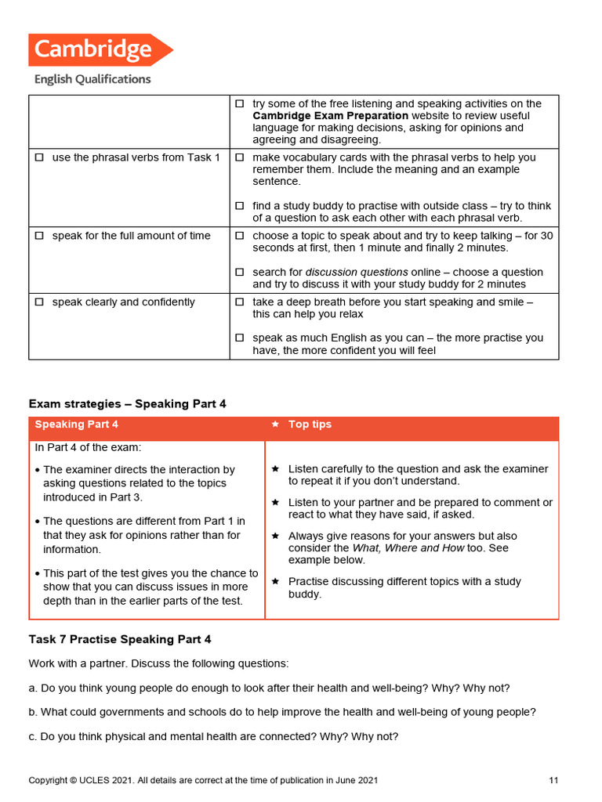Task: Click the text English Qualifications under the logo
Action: click(92, 79)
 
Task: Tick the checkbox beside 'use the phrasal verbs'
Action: click(39, 157)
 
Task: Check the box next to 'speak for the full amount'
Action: click(39, 236)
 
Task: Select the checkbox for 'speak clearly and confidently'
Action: click(39, 302)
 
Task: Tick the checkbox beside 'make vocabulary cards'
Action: click(240, 157)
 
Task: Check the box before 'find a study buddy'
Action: click(240, 206)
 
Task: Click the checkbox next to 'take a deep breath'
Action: click(240, 302)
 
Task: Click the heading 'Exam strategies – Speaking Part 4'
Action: click(127, 404)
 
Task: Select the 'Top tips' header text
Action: click(310, 424)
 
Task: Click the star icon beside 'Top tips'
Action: click(275, 424)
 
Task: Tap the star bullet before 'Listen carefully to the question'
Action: click(275, 469)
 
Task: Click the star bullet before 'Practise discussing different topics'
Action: click(275, 582)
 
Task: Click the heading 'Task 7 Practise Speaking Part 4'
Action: click(120, 640)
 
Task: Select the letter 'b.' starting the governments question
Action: click(33, 712)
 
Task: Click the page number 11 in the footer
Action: click(553, 780)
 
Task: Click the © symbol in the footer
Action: click(73, 780)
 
